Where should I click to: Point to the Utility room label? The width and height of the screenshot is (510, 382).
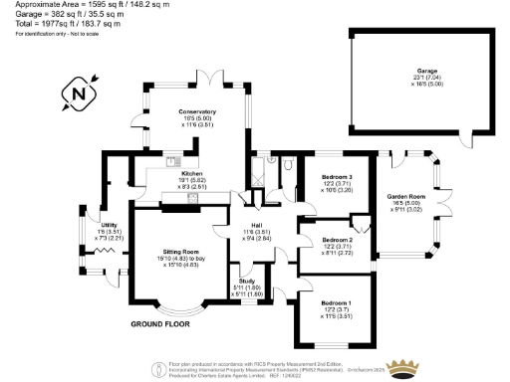point(109,226)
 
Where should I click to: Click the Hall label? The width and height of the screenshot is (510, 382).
point(258,225)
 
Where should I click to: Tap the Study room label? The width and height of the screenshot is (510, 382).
point(245,282)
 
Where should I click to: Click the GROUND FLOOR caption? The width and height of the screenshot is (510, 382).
point(160,325)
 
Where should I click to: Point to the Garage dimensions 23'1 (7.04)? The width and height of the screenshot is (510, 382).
point(427,79)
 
